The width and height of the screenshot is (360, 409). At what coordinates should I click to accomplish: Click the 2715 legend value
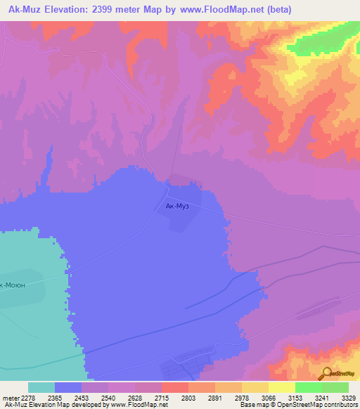[x=161, y=397]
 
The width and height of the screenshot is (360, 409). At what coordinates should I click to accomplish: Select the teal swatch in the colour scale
[x=41, y=387]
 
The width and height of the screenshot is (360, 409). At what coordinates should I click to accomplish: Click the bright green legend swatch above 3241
[x=309, y=387]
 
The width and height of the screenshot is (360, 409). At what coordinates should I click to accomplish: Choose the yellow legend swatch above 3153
[x=282, y=387]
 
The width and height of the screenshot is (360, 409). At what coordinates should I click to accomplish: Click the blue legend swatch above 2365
[x=68, y=387]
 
